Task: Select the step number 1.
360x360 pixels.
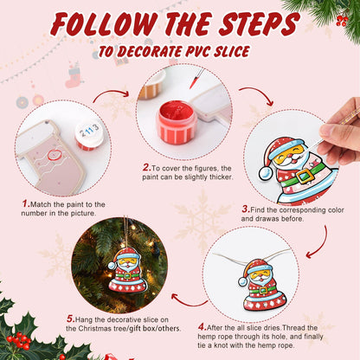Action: [26, 203]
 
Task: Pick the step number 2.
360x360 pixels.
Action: [146, 167]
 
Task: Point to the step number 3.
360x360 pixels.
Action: [245, 209]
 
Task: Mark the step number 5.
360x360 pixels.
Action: [70, 318]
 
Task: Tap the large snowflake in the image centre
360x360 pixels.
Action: [203, 220]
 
